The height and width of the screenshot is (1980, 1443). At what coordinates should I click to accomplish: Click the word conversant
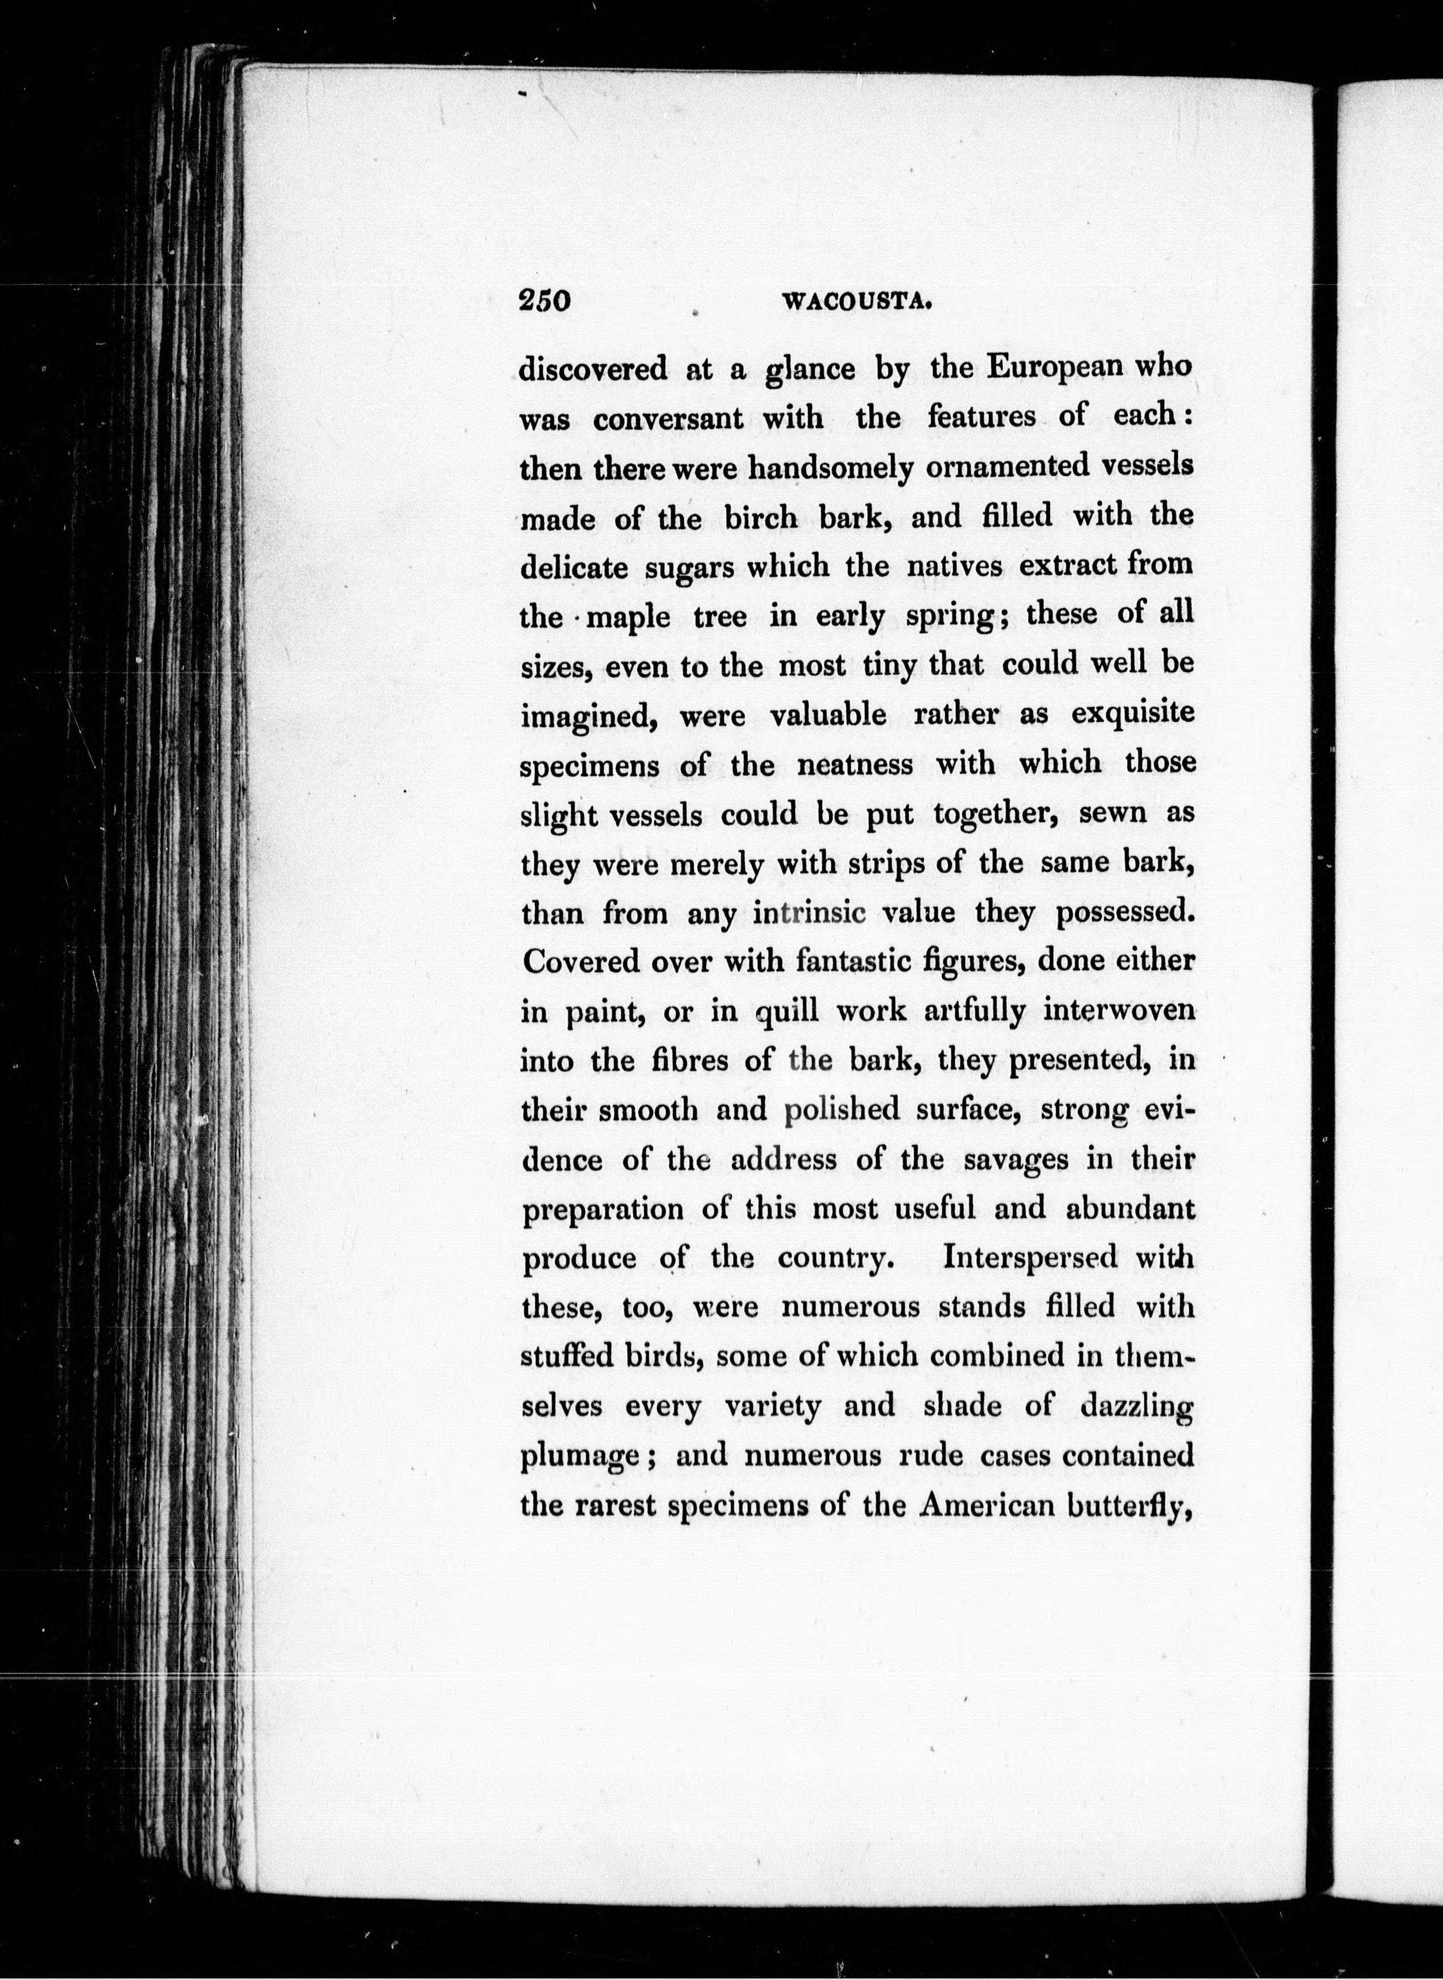pos(668,418)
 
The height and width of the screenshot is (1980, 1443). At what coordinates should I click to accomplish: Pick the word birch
pos(761,518)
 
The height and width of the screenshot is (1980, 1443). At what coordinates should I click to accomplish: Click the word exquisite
pos(1133,715)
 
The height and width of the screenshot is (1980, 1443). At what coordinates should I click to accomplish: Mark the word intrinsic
pos(809,914)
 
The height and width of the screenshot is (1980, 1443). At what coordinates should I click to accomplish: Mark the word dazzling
pos(1136,1409)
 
